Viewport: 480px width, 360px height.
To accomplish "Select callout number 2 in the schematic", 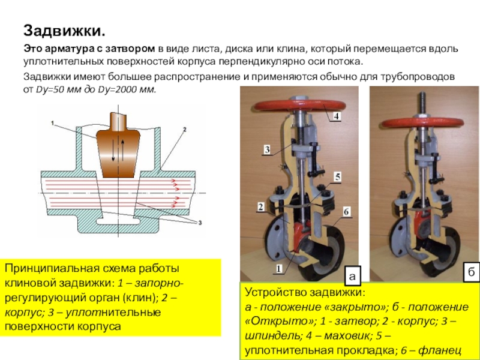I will (184, 128).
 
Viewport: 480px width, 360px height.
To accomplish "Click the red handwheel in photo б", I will (419, 110).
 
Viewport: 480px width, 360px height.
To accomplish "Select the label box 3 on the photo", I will (266, 149).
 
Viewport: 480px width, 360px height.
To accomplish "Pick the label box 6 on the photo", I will (347, 212).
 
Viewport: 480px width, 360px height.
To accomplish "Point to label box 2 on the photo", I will (261, 207).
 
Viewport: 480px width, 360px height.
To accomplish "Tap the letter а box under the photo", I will (352, 275).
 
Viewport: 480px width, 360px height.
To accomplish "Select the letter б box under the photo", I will (470, 272).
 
